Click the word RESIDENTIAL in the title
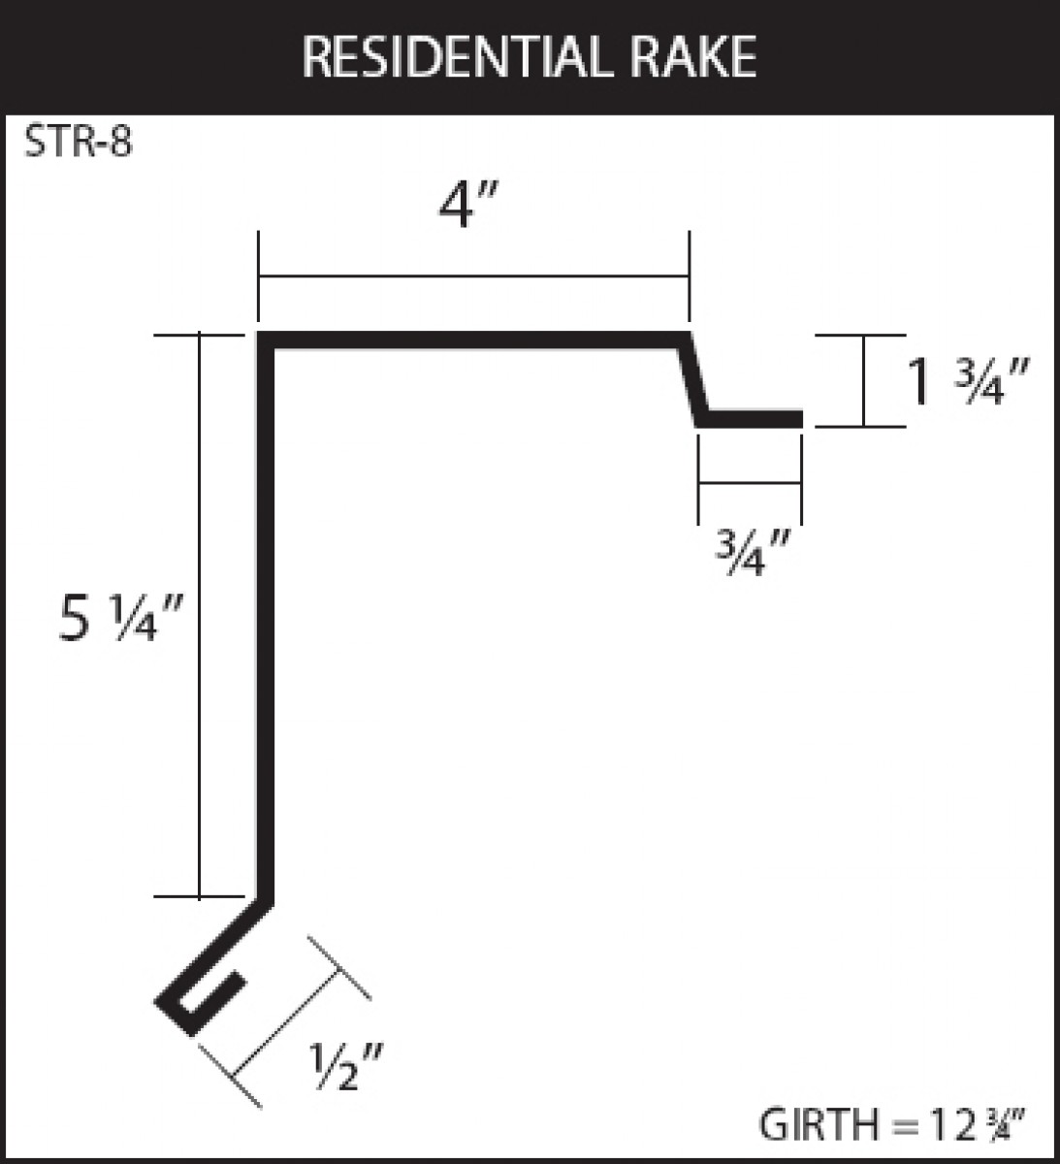457,57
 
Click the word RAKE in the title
693,57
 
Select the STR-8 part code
79,143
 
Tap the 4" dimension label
468,205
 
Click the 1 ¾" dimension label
968,381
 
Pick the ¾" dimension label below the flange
753,552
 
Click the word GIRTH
819,1124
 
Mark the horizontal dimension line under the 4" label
474,276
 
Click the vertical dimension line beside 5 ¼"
200,616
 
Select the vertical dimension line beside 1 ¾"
864,380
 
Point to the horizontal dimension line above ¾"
751,482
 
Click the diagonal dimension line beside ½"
284,1022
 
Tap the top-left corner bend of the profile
266,340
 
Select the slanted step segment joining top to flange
693,379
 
